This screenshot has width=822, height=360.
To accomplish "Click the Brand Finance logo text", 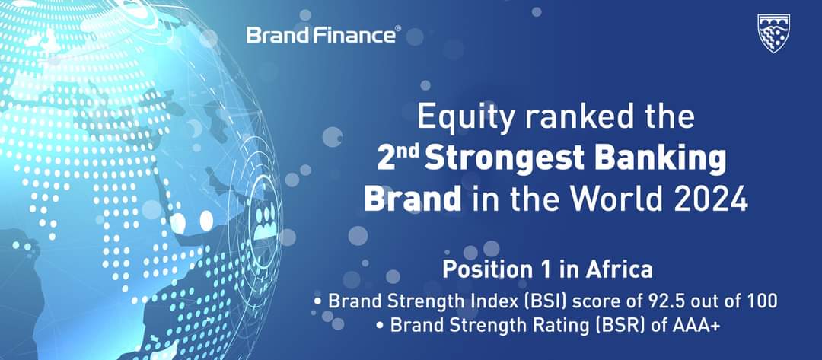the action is pos(321,35).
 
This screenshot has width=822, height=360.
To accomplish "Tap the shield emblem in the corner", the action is pos(773,33).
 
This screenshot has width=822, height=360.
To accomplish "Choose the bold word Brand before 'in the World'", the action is pos(413,199).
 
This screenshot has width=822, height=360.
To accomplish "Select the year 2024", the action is pos(706,199).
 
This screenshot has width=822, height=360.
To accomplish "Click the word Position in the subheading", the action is pos(490,269).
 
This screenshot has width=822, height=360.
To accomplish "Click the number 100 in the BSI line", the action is pos(760,301).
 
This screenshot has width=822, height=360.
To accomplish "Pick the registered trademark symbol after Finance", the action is pos(398,27).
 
